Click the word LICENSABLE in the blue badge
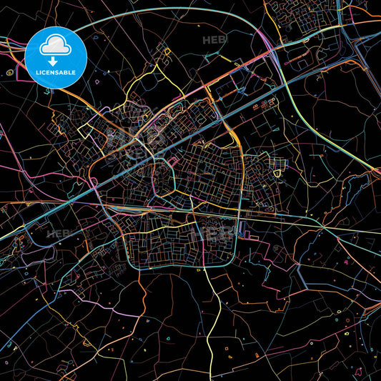(56, 73)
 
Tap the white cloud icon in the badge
(56, 46)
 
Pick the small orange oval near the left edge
(10, 72)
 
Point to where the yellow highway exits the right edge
(378, 172)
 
